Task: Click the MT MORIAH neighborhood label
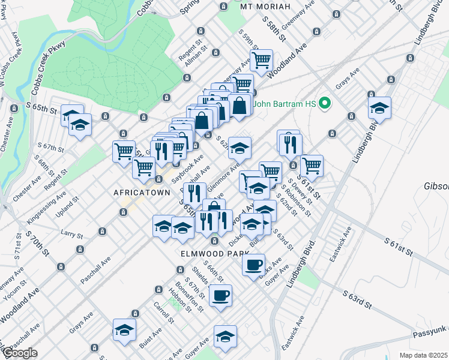(x=265, y=7)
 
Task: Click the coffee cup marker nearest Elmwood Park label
(x=253, y=263)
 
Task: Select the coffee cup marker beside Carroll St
(x=220, y=295)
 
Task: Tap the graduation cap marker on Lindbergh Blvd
(x=379, y=108)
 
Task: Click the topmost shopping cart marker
(x=261, y=59)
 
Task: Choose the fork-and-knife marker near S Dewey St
(x=289, y=143)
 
